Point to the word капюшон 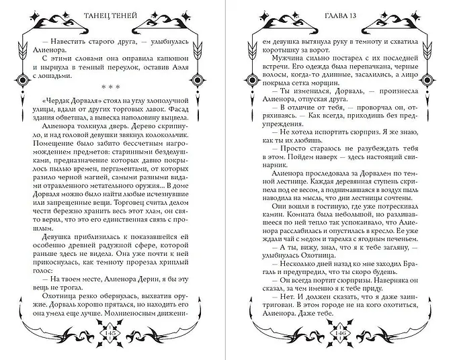161,56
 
